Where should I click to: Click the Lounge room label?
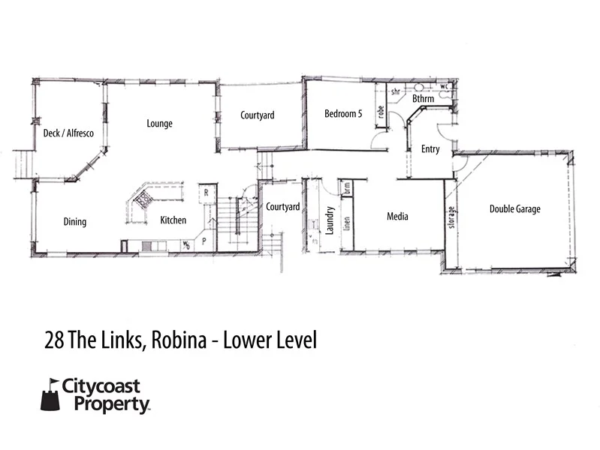coord(159,124)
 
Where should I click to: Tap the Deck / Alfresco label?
coord(68,133)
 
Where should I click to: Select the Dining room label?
coord(75,222)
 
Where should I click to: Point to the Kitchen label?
coord(173,221)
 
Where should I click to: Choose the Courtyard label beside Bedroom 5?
coord(257,115)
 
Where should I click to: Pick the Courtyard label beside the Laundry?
coord(283,207)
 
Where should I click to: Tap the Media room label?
coord(397,217)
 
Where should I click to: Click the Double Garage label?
coord(514,209)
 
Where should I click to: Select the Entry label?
coord(430,149)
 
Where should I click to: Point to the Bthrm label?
coord(423,99)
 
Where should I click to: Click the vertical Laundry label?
coord(329,222)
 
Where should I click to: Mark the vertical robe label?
coord(381,112)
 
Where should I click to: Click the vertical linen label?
coord(347,223)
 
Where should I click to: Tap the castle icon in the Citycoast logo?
coord(50,394)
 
